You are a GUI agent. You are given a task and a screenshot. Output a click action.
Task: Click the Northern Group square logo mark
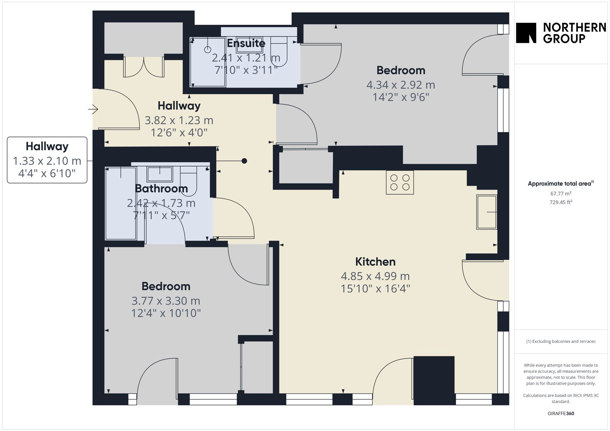[526, 33]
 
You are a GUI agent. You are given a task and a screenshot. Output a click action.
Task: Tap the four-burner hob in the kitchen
[400, 182]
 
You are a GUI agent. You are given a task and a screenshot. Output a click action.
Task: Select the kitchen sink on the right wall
[486, 212]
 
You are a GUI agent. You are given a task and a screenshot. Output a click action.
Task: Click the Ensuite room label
[246, 43]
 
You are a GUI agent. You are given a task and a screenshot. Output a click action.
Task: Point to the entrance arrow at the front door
[93, 109]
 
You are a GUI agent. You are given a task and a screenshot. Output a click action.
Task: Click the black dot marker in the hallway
[244, 161]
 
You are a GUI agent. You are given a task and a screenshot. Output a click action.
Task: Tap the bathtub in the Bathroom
[121, 203]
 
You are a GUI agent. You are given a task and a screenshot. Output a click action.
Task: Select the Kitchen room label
[375, 262]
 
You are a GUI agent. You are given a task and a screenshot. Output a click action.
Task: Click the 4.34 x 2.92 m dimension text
[401, 85]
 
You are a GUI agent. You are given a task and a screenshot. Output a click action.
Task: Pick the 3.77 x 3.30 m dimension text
[166, 301]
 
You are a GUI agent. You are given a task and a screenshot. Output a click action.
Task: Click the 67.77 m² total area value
[561, 193]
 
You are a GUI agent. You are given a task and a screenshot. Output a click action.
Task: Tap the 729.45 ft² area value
[561, 202]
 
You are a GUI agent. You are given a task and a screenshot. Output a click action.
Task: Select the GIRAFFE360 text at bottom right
[561, 413]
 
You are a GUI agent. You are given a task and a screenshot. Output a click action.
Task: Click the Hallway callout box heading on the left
[47, 146]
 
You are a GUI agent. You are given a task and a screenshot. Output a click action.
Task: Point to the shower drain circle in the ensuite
[207, 50]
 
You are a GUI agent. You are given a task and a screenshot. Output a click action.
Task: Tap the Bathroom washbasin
[159, 174]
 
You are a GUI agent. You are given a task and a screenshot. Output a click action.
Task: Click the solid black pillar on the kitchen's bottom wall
[434, 381]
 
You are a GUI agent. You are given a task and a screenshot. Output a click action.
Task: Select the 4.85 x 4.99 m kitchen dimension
[375, 276]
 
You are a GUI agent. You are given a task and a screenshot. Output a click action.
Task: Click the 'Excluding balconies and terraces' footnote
[561, 341]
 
